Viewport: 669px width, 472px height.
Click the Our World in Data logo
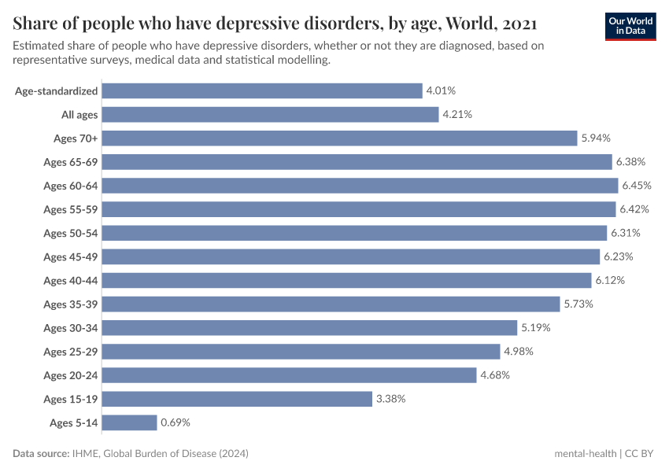tap(630, 26)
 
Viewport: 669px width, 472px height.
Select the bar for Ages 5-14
tap(130, 422)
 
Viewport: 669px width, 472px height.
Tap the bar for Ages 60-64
tap(360, 186)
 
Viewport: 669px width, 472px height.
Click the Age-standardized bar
tap(262, 91)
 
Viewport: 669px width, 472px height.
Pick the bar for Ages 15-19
tap(237, 399)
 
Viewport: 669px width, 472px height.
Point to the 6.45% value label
tap(637, 186)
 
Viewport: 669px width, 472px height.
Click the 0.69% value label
tap(176, 422)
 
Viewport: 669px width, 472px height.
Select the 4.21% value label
tap(457, 115)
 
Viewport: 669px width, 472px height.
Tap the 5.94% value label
tap(596, 138)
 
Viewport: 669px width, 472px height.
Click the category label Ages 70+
tap(76, 138)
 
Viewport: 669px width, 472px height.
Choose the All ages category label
tap(79, 115)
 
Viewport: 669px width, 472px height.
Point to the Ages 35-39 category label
tap(71, 304)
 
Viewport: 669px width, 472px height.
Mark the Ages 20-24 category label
tap(71, 375)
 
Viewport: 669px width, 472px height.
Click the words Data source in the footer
tap(39, 454)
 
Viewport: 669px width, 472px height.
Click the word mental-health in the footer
tap(585, 454)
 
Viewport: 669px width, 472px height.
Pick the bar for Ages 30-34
tap(309, 328)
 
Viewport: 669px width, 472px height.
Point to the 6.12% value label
tap(610, 281)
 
